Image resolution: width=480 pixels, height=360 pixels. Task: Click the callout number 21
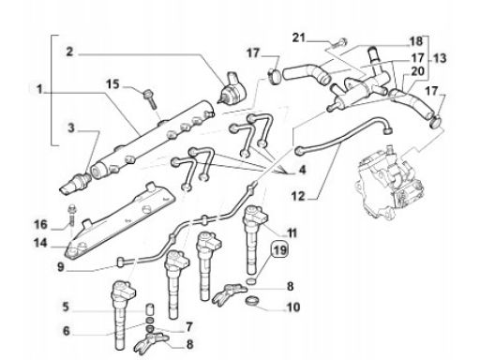pyautogui.click(x=299, y=38)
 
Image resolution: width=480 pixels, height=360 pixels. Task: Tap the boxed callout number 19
pyautogui.click(x=280, y=250)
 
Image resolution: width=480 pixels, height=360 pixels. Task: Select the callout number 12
pyautogui.click(x=298, y=197)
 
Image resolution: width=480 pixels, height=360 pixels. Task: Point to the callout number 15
pyautogui.click(x=112, y=84)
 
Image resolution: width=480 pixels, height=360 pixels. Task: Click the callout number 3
pyautogui.click(x=71, y=128)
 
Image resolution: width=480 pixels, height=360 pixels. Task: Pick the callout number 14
pyautogui.click(x=40, y=243)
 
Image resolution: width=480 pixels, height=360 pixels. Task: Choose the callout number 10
pyautogui.click(x=293, y=307)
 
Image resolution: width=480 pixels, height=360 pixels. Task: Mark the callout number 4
pyautogui.click(x=302, y=170)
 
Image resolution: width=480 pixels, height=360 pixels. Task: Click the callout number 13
pyautogui.click(x=440, y=58)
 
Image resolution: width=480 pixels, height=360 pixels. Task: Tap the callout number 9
pyautogui.click(x=61, y=267)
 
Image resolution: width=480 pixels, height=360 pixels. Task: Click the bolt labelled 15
pyautogui.click(x=150, y=99)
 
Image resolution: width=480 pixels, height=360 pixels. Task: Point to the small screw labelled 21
pyautogui.click(x=339, y=43)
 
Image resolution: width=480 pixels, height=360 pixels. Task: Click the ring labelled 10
pyautogui.click(x=252, y=301)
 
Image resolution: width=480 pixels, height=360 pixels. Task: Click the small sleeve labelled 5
pyautogui.click(x=151, y=309)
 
